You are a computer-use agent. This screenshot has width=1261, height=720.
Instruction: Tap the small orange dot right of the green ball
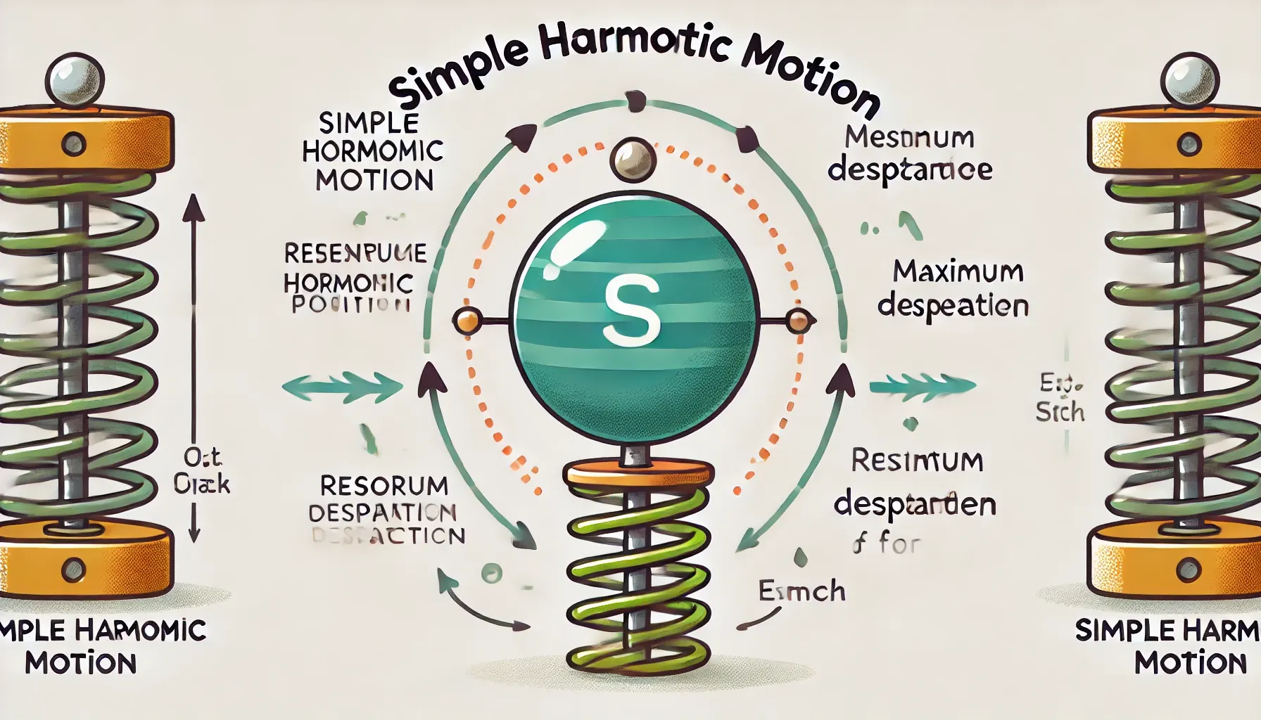pyautogui.click(x=797, y=321)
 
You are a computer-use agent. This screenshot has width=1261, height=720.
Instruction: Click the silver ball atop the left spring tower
pyautogui.click(x=75, y=78)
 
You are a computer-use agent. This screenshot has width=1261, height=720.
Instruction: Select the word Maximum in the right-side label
pyautogui.click(x=958, y=271)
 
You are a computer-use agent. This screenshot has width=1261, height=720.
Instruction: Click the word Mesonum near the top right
pyautogui.click(x=909, y=137)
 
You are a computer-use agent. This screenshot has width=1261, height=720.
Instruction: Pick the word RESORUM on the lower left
pyautogui.click(x=384, y=485)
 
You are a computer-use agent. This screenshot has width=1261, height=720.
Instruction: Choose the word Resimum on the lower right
pyautogui.click(x=916, y=461)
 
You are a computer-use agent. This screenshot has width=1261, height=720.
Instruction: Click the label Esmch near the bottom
pyautogui.click(x=801, y=591)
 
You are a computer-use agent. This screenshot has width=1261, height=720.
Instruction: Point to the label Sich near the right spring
pyautogui.click(x=1060, y=412)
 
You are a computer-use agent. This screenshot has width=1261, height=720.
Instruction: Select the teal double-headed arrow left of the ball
pyautogui.click(x=342, y=386)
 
